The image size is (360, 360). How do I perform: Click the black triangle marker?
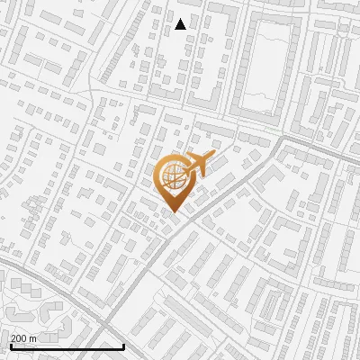[180, 24]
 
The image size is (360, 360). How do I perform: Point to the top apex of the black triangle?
[180, 19]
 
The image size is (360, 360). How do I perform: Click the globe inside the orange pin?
[171, 176]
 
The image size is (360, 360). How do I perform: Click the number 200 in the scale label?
[19, 337]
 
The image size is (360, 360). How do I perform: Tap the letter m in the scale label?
[33, 337]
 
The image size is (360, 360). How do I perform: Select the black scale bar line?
[67, 346]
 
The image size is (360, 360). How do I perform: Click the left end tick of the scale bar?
[11, 345]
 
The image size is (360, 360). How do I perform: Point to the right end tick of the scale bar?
[123, 345]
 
